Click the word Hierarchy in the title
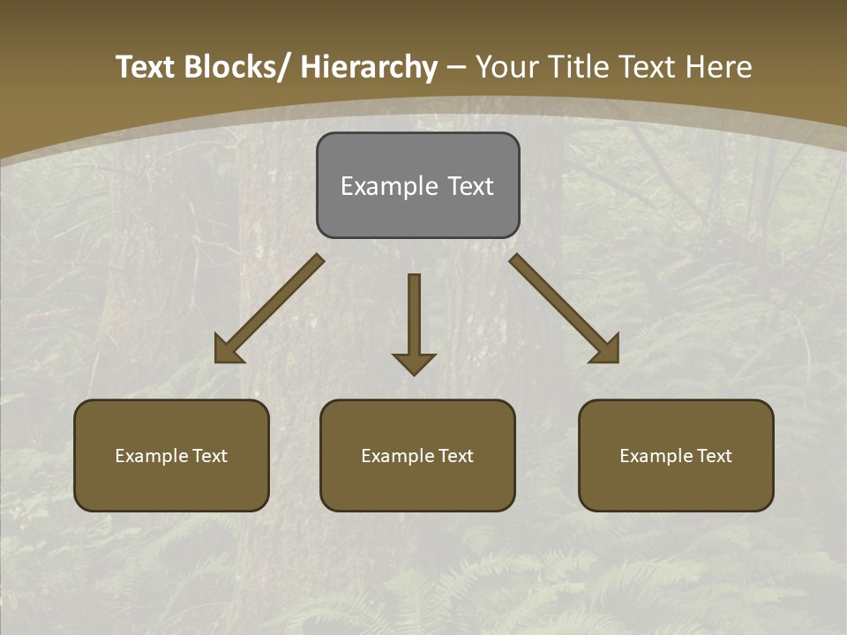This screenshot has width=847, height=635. pyautogui.click(x=369, y=67)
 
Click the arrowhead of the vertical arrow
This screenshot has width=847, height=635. pyautogui.click(x=414, y=362)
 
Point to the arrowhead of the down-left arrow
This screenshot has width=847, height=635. pyautogui.click(x=228, y=350)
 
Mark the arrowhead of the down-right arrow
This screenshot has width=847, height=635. pyautogui.click(x=606, y=350)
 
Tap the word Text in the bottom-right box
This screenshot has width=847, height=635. pyautogui.click(x=713, y=456)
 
